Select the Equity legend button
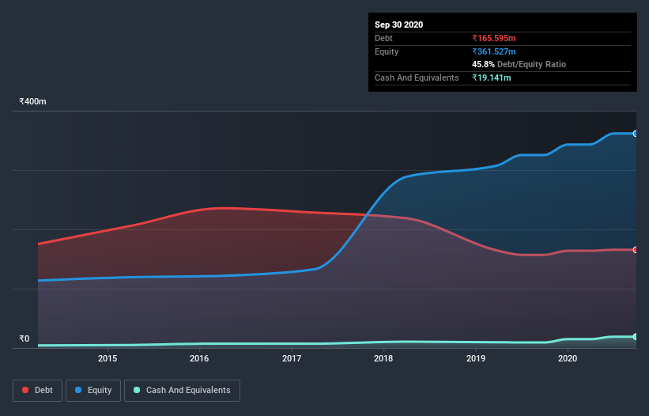93,390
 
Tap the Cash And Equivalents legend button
182,390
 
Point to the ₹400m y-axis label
33,101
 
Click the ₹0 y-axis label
24,339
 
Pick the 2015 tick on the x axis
108,358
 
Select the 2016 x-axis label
199,358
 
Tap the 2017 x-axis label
292,358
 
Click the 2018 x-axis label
383,358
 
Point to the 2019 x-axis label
476,358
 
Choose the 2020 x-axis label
568,358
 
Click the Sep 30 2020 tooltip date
399,25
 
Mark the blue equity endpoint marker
636,134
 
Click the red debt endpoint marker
636,250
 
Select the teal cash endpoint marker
636,337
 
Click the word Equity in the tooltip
387,51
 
